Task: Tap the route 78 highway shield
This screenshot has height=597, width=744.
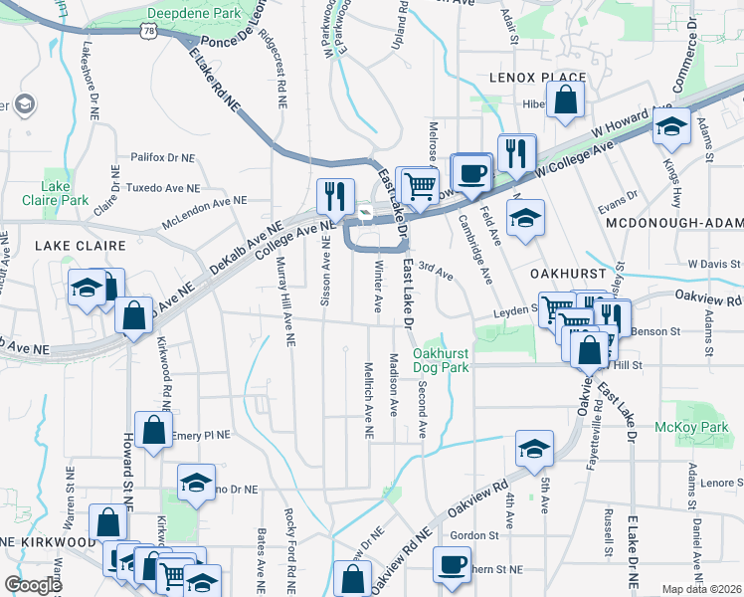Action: [x=147, y=33]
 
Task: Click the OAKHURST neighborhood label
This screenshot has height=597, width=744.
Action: [x=542, y=272]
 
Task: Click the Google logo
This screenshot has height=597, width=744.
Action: [x=33, y=585]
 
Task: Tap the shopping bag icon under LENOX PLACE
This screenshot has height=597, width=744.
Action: [x=565, y=99]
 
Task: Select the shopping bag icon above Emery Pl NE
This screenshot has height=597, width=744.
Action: [x=153, y=431]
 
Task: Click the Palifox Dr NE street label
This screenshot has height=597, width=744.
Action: [x=166, y=157]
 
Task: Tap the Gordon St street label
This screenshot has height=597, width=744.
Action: [x=473, y=534]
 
